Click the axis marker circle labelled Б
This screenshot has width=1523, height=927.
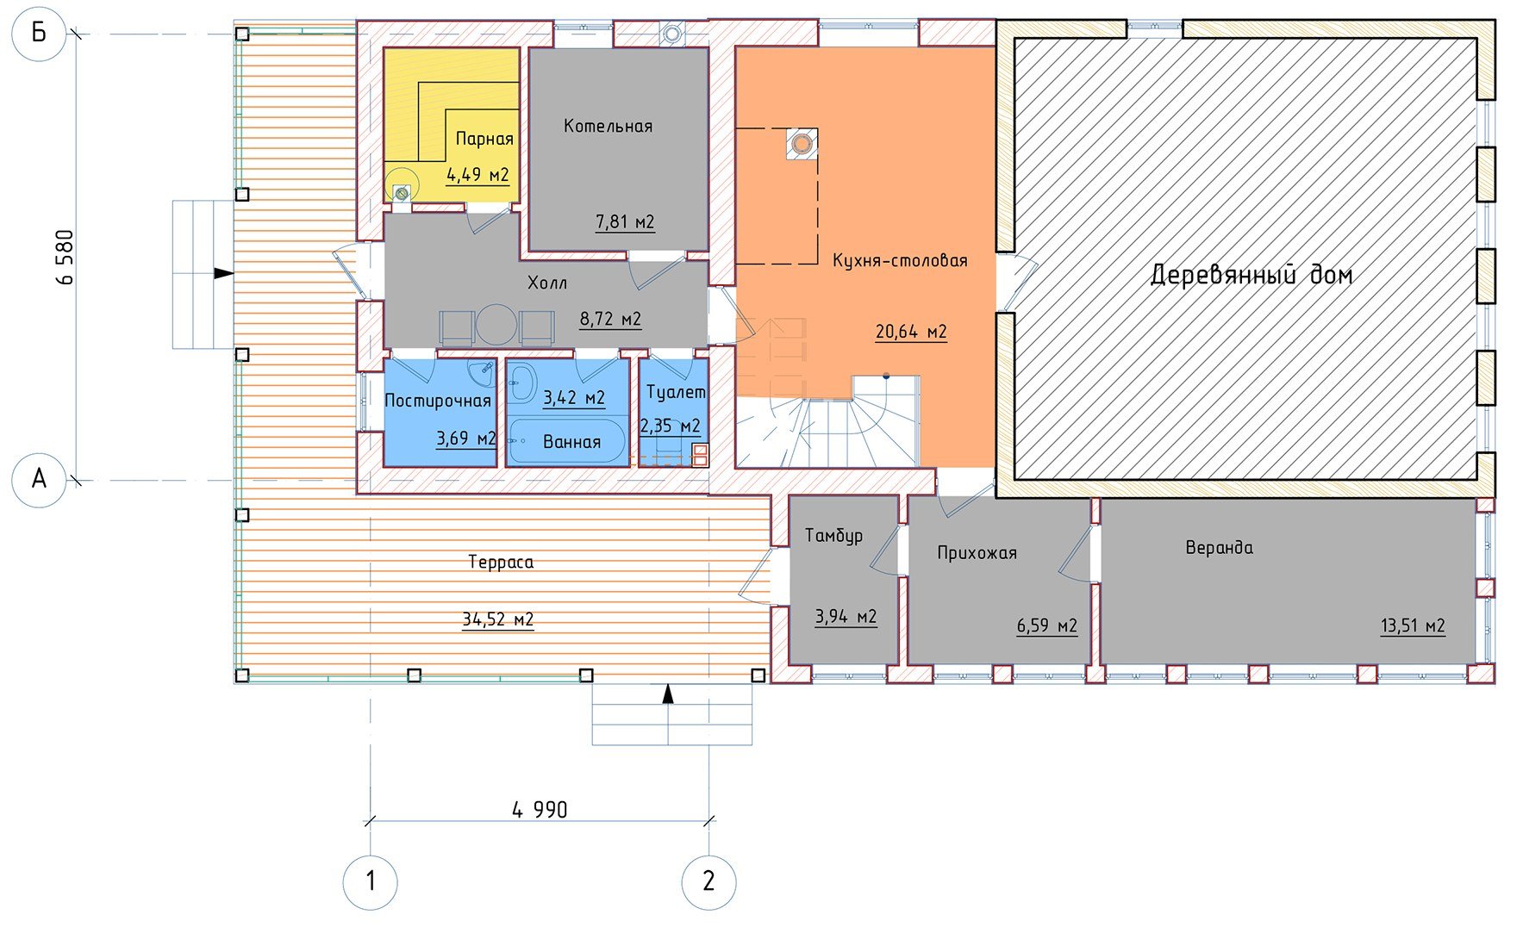pos(39,34)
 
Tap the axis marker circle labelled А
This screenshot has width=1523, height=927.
pos(39,479)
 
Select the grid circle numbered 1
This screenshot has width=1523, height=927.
pos(371,881)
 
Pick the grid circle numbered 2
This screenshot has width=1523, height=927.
pos(708,881)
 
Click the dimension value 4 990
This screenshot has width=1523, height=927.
pos(540,810)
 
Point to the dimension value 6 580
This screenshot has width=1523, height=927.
pos(65,257)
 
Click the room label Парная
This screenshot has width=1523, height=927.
pos(484,139)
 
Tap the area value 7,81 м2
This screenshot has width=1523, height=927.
pos(625,222)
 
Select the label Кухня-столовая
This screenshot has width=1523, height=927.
pos(900,260)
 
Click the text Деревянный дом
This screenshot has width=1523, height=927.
pos(1251,275)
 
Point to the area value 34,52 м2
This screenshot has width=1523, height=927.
pos(498,619)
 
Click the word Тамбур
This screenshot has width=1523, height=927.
pos(833,536)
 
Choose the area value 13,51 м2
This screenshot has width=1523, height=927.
pos(1413,626)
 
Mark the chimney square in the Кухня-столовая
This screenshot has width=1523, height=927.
pos(802,143)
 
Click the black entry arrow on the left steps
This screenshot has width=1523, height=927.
pos(223,273)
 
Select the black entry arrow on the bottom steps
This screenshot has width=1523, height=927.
pos(668,694)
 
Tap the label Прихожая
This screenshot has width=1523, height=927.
pos(977,553)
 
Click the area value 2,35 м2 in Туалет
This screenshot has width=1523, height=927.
pos(671,426)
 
